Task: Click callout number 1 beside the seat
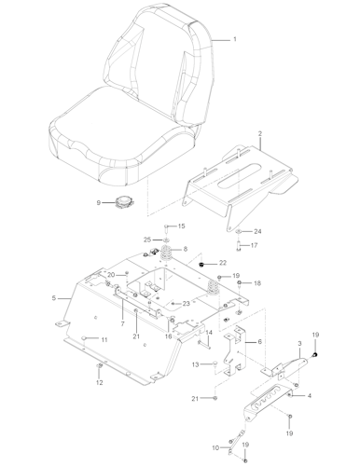[x=235, y=39]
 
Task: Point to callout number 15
[x=182, y=226]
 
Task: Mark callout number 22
[x=222, y=264]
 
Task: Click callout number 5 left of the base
[x=55, y=298]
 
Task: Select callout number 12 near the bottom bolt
[x=100, y=383]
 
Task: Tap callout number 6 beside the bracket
[x=259, y=342]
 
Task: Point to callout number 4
[x=310, y=396]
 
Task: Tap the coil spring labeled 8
[x=167, y=253]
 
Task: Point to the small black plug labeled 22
[x=201, y=265]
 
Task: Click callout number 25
[x=147, y=240]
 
